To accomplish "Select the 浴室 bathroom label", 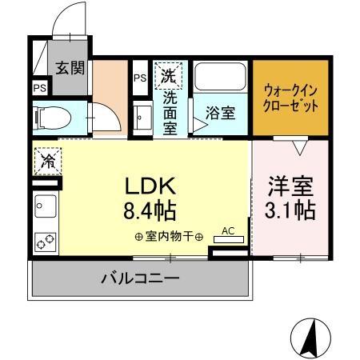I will [220, 112].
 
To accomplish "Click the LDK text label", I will [149, 186].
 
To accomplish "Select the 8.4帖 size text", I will [149, 211].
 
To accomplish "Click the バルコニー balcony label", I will [140, 279].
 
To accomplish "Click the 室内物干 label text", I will [169, 237].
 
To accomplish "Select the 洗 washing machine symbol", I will [169, 77].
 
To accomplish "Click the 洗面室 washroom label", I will [170, 112].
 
